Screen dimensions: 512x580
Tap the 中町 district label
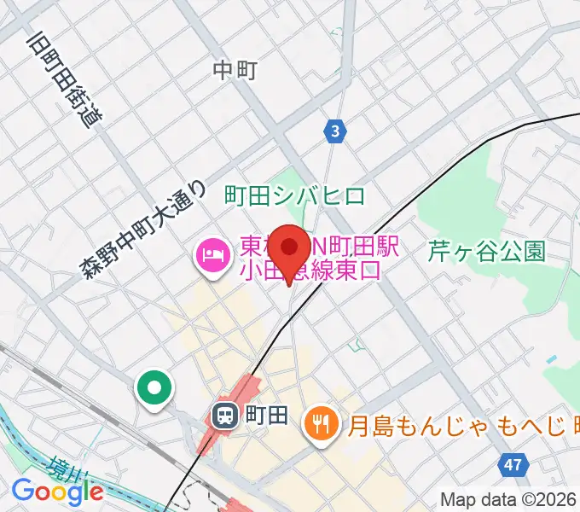pyautogui.click(x=235, y=71)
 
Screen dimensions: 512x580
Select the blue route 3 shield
pyautogui.click(x=337, y=131)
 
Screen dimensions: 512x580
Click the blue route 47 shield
pyautogui.click(x=511, y=465)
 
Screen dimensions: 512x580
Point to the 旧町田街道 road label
pyautogui.click(x=64, y=80)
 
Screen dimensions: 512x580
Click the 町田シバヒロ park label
pyautogui.click(x=294, y=195)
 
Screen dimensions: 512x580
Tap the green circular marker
pyautogui.click(x=154, y=390)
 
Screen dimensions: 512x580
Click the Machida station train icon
pyautogui.click(x=224, y=416)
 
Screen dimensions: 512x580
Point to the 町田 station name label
pyautogui.click(x=266, y=416)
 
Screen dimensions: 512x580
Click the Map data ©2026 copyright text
pyautogui.click(x=509, y=500)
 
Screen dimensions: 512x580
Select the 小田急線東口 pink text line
pyautogui.click(x=310, y=271)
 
